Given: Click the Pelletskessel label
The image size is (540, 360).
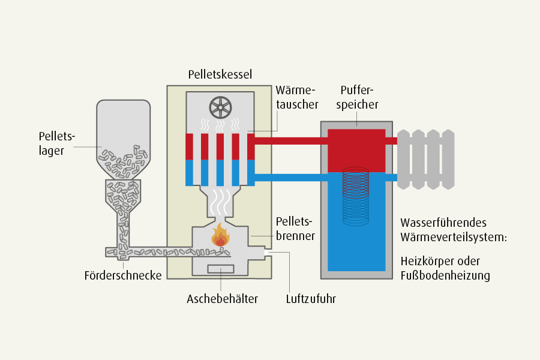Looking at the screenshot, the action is click(220, 74).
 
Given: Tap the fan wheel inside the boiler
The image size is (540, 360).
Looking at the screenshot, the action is click(220, 107).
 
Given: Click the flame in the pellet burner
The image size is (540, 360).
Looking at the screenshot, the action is click(220, 235).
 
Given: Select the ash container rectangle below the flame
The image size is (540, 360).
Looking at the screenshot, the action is click(220, 269).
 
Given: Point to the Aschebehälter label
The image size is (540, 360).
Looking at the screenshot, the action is click(222, 299).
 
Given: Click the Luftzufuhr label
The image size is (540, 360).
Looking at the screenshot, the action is click(311, 299).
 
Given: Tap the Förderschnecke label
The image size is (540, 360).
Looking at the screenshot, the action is click(123, 275).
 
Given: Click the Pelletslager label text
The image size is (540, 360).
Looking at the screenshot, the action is click(57, 143).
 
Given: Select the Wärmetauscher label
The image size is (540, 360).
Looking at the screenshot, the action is click(297, 97).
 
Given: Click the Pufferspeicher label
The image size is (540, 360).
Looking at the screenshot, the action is click(357, 97).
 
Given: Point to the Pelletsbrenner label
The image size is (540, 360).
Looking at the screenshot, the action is click(295, 229).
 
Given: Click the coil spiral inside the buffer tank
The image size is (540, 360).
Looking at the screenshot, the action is click(356, 196).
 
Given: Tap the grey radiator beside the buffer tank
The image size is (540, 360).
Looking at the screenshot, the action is click(426, 160).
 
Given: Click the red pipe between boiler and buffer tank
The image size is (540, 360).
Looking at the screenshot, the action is click(291, 141).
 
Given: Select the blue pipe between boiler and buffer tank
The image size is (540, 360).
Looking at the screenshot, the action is click(291, 178).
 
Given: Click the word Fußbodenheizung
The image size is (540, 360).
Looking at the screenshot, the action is click(445, 275).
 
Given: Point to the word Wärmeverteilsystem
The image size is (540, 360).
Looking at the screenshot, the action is click(454, 237).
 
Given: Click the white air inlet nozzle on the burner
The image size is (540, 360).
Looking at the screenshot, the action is click(266, 253).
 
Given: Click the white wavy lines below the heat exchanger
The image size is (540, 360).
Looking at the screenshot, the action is click(220, 201).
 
